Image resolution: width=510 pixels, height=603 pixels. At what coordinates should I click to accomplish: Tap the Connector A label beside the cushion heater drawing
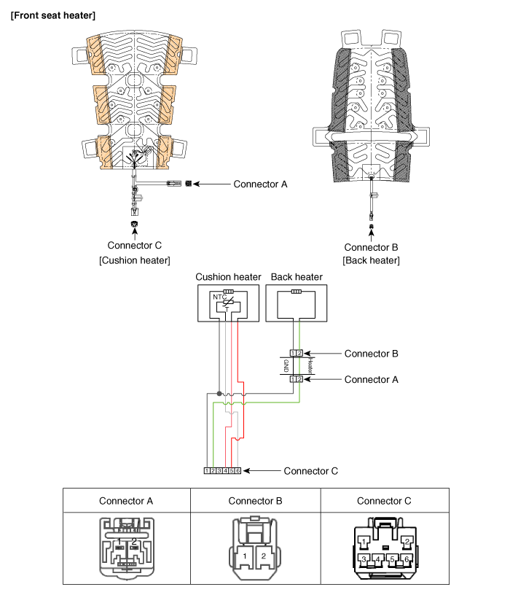click(x=260, y=184)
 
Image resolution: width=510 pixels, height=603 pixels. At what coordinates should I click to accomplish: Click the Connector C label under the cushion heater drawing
click(x=133, y=245)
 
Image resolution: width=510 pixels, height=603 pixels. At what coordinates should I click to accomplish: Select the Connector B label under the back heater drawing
click(x=371, y=246)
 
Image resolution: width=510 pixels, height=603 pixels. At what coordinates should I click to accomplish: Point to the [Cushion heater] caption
click(x=134, y=260)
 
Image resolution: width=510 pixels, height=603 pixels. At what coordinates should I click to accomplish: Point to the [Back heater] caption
click(x=371, y=260)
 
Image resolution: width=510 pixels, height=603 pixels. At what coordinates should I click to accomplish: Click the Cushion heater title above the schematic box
click(x=228, y=277)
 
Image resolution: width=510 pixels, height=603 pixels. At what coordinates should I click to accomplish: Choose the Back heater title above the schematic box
click(x=296, y=277)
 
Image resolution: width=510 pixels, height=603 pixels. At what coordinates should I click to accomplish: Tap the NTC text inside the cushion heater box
click(x=218, y=297)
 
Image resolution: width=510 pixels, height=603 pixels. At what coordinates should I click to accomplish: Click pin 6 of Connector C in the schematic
click(x=238, y=471)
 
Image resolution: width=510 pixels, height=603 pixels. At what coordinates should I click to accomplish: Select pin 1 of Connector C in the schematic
click(x=207, y=471)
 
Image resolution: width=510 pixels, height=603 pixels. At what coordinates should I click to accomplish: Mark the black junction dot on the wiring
click(x=219, y=394)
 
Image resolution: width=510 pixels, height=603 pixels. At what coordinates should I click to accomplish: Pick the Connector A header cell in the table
click(x=126, y=501)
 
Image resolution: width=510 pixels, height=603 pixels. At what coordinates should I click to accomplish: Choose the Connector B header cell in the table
click(x=255, y=501)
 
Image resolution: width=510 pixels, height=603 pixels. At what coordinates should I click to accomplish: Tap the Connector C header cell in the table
click(x=384, y=501)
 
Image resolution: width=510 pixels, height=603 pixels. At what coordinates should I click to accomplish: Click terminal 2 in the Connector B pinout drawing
click(x=264, y=556)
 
